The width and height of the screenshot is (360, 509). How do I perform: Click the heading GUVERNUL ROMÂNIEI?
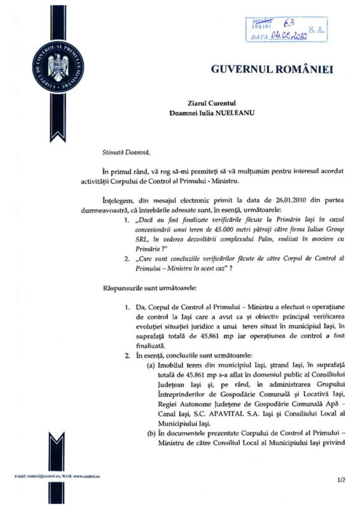(272, 70)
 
